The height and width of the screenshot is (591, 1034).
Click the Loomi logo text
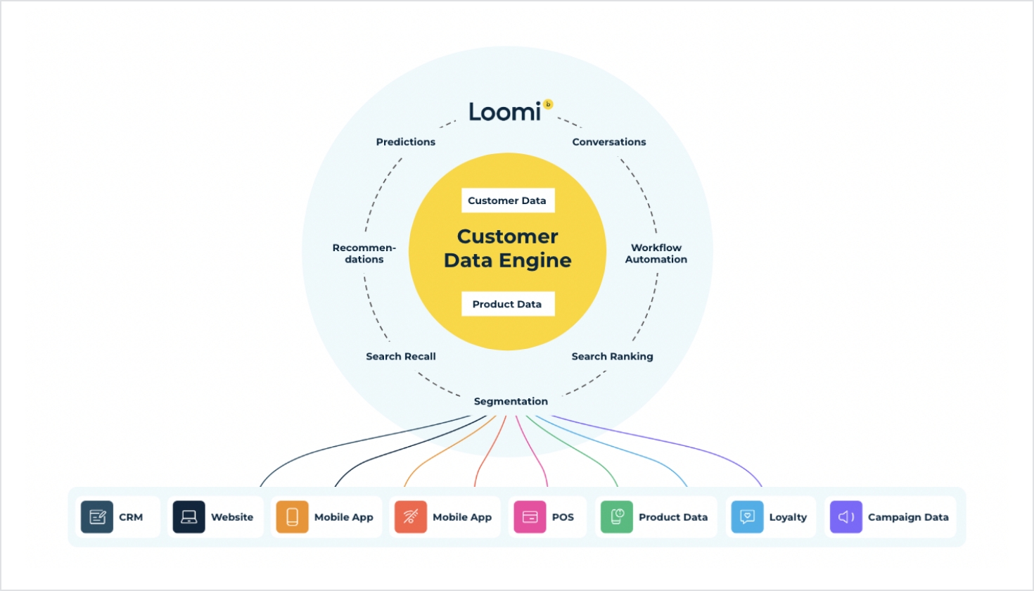point(504,112)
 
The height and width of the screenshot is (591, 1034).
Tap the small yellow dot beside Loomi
point(548,104)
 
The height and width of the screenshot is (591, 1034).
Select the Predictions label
point(406,141)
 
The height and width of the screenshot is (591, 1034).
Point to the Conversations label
point(609,141)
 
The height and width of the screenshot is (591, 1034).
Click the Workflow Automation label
point(656,253)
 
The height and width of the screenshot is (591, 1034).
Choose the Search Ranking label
point(612,357)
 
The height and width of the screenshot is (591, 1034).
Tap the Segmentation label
point(511,401)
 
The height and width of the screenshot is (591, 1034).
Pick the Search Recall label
point(401,357)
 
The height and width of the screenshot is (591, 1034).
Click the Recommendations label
point(364,253)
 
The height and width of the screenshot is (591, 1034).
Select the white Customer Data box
point(508,201)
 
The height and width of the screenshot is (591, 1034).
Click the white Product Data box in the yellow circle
point(508,304)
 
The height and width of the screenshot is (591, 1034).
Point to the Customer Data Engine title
point(508,248)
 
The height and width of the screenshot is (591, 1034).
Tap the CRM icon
point(97,517)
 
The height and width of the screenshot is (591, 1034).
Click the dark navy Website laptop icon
point(189,517)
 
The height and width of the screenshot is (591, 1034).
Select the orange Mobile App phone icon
point(292,517)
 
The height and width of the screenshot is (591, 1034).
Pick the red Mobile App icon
point(411,517)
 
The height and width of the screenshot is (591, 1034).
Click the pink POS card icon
point(530,517)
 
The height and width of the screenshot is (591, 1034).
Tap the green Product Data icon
point(617,517)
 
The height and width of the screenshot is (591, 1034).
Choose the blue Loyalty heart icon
point(747,517)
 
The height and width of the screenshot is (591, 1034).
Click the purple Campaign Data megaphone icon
point(846,517)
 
